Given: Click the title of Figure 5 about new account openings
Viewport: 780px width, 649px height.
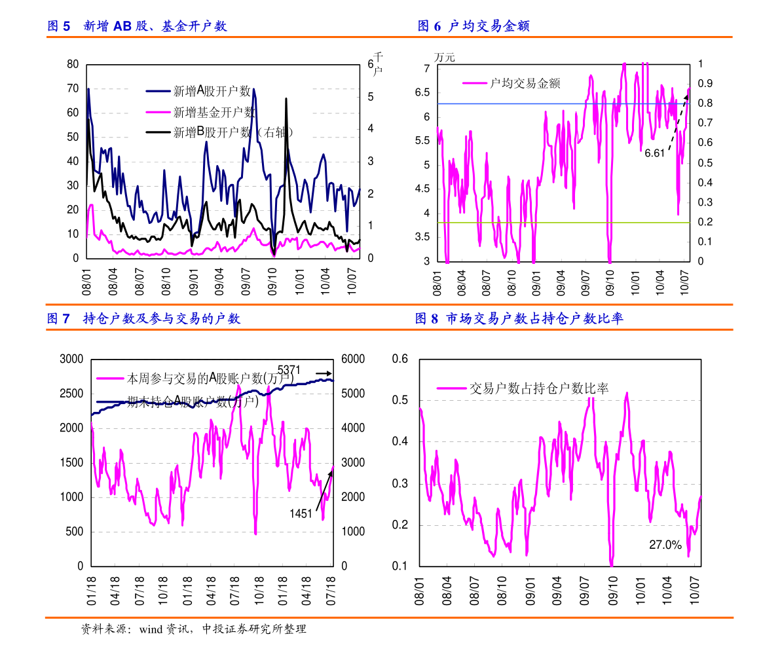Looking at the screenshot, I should (x=137, y=26).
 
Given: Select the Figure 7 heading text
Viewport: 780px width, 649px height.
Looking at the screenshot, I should (x=143, y=319).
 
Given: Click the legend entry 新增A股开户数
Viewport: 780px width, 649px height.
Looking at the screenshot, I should (x=211, y=92).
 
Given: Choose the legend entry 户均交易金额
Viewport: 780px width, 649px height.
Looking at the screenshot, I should (x=525, y=83).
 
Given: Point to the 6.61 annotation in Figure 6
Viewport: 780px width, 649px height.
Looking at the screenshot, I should (x=654, y=153).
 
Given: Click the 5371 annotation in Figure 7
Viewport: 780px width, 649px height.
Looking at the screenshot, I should (x=289, y=370).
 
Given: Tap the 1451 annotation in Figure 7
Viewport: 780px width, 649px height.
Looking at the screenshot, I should (x=301, y=514).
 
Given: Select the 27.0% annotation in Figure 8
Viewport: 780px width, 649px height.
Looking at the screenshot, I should (x=665, y=545).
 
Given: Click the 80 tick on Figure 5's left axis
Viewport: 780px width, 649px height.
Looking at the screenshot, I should (x=73, y=64).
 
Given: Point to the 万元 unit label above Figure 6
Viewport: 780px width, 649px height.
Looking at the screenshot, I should (x=444, y=58).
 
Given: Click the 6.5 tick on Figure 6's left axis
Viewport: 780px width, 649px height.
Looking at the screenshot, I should (x=422, y=92).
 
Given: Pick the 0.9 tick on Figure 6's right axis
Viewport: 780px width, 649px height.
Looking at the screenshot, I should (x=704, y=84).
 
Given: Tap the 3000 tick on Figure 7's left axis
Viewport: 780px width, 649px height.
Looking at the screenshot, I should (x=71, y=359).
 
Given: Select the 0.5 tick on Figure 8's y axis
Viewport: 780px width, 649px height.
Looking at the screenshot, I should (x=399, y=400).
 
